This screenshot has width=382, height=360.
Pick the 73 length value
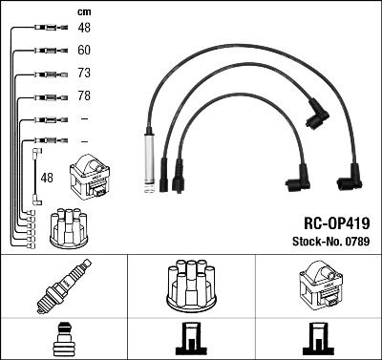coord(84,74)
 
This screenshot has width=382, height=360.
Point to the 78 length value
coord(84,96)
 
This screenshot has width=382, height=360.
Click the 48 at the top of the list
coord(84,28)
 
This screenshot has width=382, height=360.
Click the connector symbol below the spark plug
coord(63,340)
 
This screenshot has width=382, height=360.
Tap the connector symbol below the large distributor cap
coord(191,340)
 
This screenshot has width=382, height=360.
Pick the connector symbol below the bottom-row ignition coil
coord(318,340)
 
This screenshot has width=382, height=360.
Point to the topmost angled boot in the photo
coord(314,116)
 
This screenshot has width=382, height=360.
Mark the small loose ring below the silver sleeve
coord(148,197)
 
